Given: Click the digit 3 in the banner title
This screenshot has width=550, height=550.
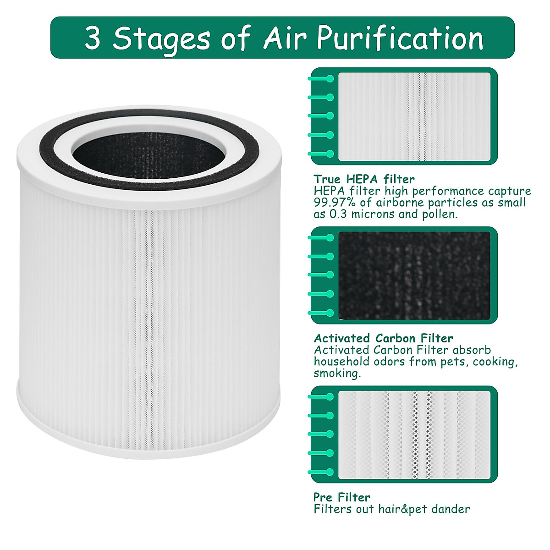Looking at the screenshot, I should (92, 38).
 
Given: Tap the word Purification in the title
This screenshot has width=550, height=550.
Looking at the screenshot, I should (400, 38).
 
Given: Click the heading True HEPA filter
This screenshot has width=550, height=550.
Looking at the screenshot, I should (364, 179).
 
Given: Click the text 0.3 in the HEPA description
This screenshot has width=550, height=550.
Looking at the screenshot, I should (339, 214).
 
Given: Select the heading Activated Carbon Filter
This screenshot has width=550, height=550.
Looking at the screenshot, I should (383, 338).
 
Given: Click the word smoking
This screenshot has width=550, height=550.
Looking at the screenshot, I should (337, 374).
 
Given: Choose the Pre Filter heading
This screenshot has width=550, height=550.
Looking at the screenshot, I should (342, 497).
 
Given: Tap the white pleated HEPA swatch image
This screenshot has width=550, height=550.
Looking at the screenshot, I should (414, 116).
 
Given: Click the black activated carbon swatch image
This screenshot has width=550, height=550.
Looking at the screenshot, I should (414, 275).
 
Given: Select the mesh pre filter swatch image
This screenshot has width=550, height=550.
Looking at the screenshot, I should (414, 434).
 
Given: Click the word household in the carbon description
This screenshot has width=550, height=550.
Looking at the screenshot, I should (335, 362).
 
